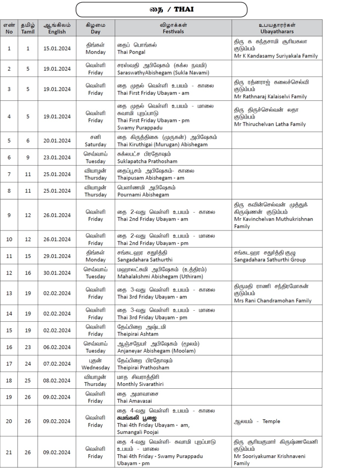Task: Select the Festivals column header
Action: tap(173, 28)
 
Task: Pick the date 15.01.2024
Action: tap(56, 49)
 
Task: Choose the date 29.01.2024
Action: tap(56, 256)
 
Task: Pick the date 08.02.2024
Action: tap(56, 380)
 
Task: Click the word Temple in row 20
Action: tap(271, 421)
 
